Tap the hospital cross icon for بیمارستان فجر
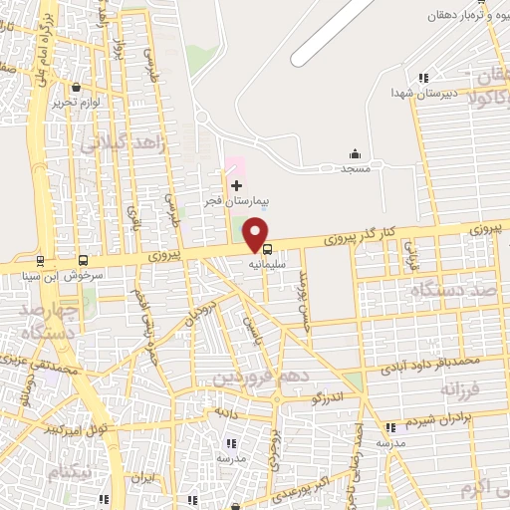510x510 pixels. point(236,185)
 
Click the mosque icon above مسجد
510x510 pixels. point(355,153)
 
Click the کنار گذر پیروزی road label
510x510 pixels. point(362,237)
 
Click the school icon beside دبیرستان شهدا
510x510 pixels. point(423,78)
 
